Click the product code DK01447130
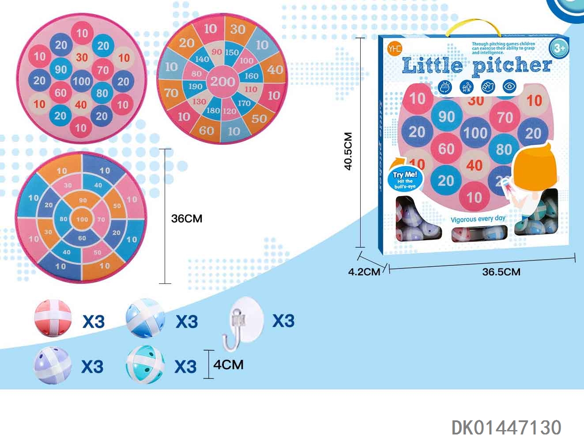point(506,427)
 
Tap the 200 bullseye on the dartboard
point(222,81)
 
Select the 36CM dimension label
point(186,219)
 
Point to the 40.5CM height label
point(348,151)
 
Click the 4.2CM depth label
point(364,272)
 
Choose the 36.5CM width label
point(501,272)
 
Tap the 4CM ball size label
point(228,365)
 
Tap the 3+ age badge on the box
point(559,48)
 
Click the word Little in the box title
point(432,66)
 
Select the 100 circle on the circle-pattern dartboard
point(82,81)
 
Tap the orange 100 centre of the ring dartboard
point(82,219)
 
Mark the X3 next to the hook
point(283,321)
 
